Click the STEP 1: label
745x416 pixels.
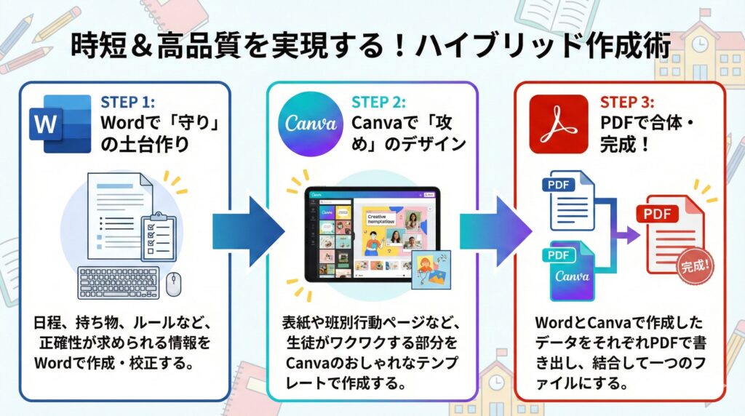pos(129,102)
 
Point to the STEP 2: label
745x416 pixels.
pos(378,102)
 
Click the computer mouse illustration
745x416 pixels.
pos(175,284)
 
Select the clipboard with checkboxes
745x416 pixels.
pos(159,234)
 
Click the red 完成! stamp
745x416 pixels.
pos(695,265)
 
